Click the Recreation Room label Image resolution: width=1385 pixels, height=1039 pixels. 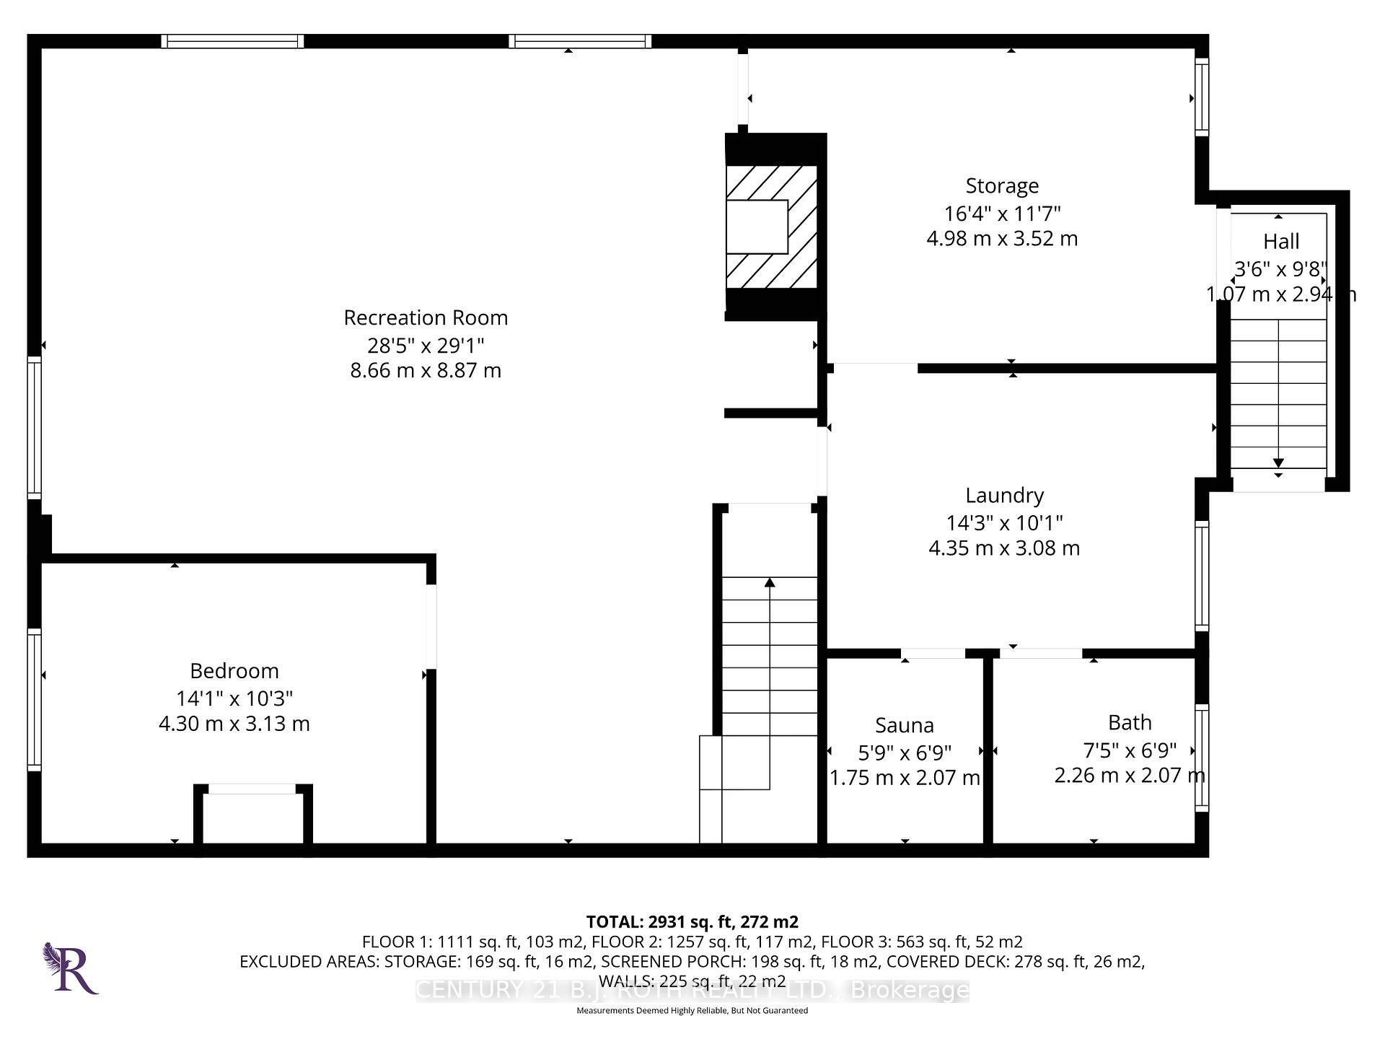pos(426,317)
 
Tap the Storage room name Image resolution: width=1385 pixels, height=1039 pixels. pos(1002,185)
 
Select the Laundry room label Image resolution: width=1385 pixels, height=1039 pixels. pos(1004,495)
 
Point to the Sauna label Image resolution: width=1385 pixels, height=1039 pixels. pos(904,725)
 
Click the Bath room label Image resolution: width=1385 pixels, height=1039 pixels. pos(1130,722)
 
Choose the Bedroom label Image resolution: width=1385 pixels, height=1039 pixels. pos(234,671)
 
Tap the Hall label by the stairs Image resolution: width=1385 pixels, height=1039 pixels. pos(1281,241)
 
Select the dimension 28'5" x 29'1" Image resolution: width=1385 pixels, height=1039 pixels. pos(426,345)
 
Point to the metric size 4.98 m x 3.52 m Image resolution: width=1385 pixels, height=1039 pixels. pos(1002,238)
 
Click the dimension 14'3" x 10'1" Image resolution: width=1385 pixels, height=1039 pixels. pos(1004,522)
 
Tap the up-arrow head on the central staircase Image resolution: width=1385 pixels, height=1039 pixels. pos(770,582)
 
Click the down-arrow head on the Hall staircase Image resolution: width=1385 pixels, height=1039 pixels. pos(1278,462)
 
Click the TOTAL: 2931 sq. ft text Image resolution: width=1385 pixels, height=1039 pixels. pos(691,921)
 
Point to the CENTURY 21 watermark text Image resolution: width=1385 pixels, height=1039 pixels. pos(691,990)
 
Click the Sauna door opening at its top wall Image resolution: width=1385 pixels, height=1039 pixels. pos(933,654)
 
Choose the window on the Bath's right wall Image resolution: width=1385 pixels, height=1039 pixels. pos(1201,758)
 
